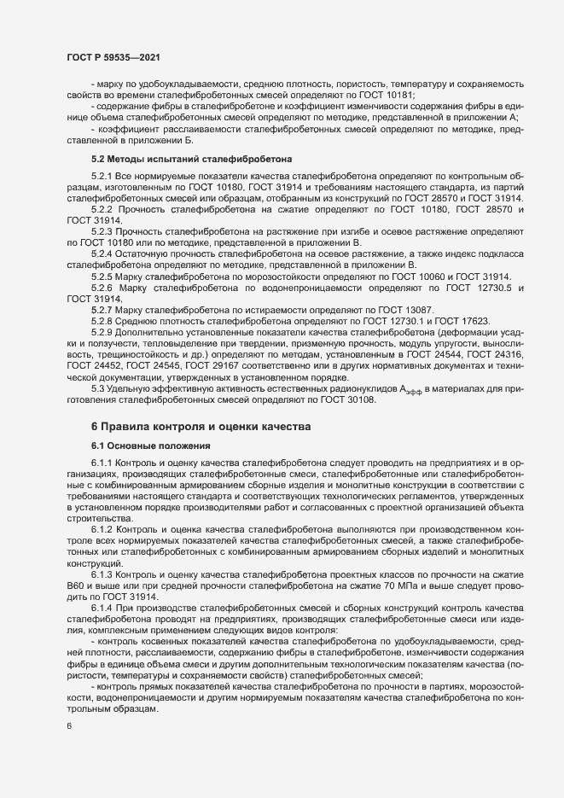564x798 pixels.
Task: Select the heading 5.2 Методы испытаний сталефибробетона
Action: click(190, 159)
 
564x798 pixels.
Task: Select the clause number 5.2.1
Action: click(102, 175)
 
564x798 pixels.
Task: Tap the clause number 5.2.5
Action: click(102, 277)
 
